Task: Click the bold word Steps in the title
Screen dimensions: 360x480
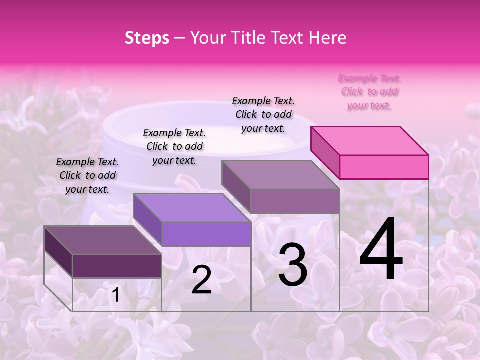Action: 147,38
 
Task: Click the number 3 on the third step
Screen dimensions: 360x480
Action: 293,265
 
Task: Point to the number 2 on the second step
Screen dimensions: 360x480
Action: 201,280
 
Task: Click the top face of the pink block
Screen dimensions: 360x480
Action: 369,140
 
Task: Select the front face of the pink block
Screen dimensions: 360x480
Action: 384,167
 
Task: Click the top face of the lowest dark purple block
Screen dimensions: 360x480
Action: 102,240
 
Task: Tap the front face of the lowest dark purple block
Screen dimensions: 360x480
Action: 117,266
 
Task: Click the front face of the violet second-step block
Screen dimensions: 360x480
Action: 206,234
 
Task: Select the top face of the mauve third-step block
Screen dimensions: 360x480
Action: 280,175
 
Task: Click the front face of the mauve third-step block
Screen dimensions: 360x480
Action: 295,201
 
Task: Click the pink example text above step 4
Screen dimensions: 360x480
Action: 370,92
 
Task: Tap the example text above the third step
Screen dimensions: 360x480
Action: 263,114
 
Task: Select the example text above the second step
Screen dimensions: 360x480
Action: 174,146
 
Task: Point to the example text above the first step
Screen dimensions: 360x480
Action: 87,175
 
